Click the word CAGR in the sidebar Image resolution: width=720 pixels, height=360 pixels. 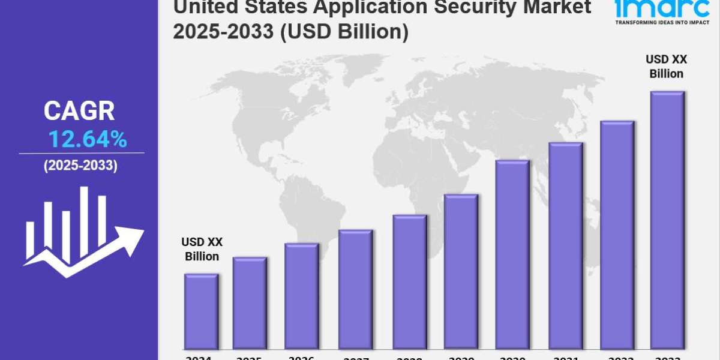tap(79, 111)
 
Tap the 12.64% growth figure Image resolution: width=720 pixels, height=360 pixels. tap(88, 140)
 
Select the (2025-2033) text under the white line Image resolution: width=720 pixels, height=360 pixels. tap(80, 166)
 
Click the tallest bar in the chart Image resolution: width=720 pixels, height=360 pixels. tap(667, 219)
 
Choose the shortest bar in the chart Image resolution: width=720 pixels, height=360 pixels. tap(201, 311)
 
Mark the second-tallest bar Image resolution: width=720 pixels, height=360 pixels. tap(617, 234)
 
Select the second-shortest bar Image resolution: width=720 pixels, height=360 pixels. tap(250, 302)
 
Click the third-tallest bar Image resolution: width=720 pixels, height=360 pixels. tap(565, 245)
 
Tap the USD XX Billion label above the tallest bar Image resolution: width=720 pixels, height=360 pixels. tap(666, 67)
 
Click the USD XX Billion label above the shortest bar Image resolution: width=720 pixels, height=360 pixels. tap(202, 249)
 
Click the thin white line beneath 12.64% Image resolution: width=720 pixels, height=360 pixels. tap(82, 153)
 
